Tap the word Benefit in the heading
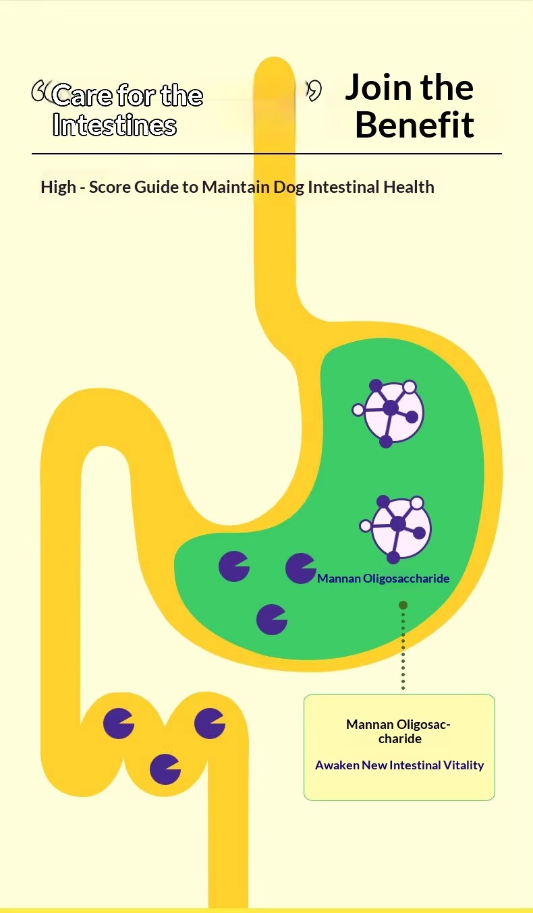[x=414, y=125]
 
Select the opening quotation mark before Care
[x=40, y=90]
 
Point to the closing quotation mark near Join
[x=314, y=90]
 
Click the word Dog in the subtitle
[x=289, y=187]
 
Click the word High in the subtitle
[x=58, y=187]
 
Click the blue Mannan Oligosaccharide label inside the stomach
[x=383, y=579]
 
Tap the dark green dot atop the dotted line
[x=403, y=606]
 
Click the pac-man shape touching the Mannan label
[x=300, y=568]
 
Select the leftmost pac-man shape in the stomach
[x=233, y=566]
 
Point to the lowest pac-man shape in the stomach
[x=272, y=620]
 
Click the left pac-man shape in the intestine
[x=118, y=724]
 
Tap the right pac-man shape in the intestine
[x=210, y=724]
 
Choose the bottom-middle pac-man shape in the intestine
[x=165, y=769]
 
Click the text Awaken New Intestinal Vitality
[x=399, y=765]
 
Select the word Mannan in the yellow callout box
[x=370, y=724]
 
